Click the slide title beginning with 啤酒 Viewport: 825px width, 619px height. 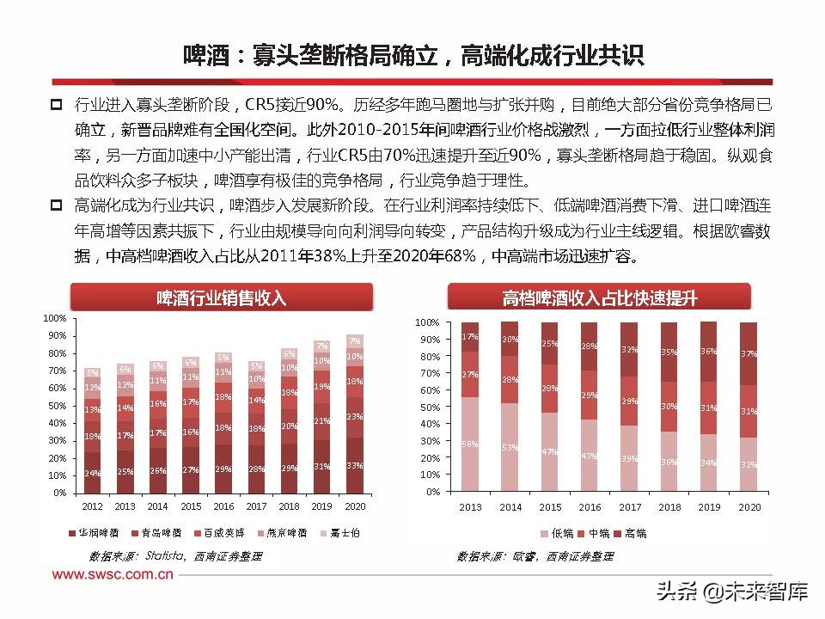click(x=412, y=56)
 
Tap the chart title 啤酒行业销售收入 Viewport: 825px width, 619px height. click(x=222, y=298)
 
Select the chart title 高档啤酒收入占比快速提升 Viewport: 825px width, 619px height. click(x=599, y=298)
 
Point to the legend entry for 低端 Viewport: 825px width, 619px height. click(x=559, y=533)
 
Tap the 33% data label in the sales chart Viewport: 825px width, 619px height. click(x=354, y=465)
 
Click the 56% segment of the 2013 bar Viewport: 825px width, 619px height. click(x=469, y=444)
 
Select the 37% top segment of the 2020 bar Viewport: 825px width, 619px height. click(x=748, y=353)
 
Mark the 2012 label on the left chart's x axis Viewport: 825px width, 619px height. click(x=92, y=507)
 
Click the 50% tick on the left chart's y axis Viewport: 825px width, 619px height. click(x=56, y=406)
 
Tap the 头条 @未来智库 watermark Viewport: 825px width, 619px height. click(x=731, y=591)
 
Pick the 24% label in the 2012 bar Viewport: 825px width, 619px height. click(x=92, y=473)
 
